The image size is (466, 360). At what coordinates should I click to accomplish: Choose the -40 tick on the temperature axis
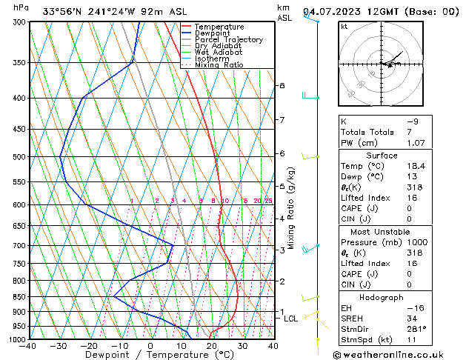(28, 346)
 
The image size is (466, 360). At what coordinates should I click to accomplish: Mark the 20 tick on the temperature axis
(212, 346)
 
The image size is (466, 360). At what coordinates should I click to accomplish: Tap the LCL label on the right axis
(291, 319)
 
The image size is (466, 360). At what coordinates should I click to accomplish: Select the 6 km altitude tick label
(282, 153)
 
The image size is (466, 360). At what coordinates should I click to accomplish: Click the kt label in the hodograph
(344, 26)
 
